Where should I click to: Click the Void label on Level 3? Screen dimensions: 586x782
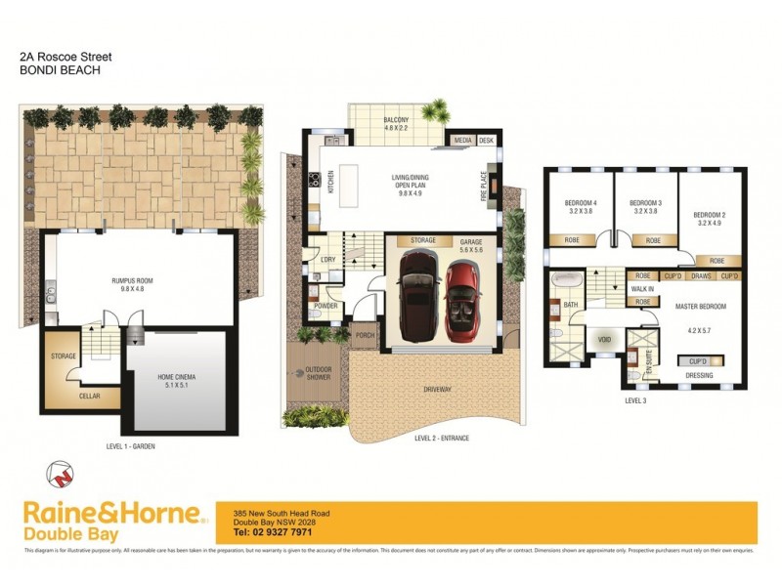tap(604, 340)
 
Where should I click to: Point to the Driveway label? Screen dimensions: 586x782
tap(437, 390)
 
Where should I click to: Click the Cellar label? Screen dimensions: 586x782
tap(62, 396)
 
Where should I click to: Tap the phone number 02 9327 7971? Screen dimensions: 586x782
tap(273, 532)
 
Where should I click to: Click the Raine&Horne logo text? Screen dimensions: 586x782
tap(111, 514)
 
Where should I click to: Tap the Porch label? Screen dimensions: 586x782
tap(366, 335)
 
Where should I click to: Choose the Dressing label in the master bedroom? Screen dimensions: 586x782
tap(698, 375)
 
